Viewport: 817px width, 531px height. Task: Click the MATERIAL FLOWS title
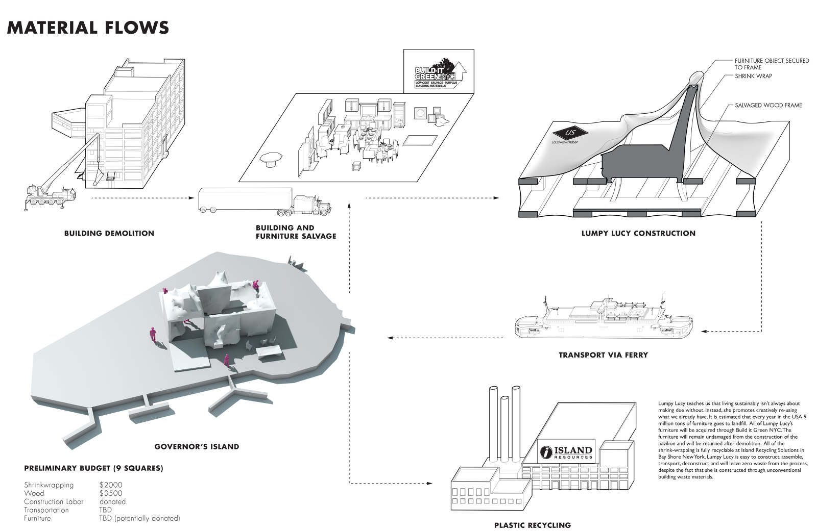88,27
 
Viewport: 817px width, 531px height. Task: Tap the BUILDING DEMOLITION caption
109,233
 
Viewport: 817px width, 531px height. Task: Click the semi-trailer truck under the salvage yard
264,200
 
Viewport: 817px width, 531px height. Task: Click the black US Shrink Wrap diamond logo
570,134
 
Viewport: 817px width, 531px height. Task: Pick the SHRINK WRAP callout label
753,76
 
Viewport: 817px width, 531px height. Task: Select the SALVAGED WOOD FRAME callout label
768,106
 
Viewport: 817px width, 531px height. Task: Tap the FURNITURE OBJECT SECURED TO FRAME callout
772,64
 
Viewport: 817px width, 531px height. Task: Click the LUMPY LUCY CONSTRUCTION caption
638,233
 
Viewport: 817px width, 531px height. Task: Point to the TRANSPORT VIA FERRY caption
603,355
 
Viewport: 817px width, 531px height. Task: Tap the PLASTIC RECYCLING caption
532,525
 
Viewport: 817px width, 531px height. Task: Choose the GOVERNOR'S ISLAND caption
197,446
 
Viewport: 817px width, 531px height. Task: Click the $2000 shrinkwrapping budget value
111,485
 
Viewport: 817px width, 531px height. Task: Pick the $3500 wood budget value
111,493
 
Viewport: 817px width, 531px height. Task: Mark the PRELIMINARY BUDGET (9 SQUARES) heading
93,468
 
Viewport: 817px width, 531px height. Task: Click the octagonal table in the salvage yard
271,160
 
